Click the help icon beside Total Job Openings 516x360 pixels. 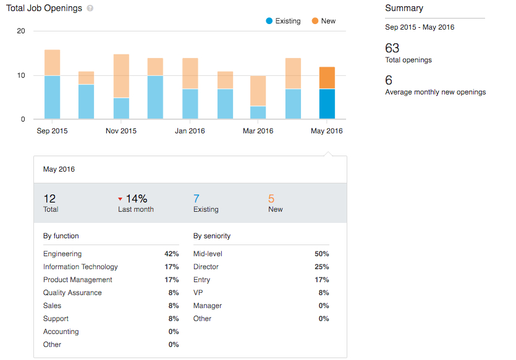pyautogui.click(x=90, y=9)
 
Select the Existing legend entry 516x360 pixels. pyautogui.click(x=283, y=21)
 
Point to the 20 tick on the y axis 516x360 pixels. pyautogui.click(x=21, y=31)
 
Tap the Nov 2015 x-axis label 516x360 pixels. pyautogui.click(x=121, y=131)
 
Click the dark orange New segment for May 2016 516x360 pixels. pyautogui.click(x=327, y=78)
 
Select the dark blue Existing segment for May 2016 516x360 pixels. pyautogui.click(x=327, y=104)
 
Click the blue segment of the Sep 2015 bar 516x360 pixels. pyautogui.click(x=53, y=97)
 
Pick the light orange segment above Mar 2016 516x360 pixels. pyautogui.click(x=258, y=91)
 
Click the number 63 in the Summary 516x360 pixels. pyautogui.click(x=392, y=48)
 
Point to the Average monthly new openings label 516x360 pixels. pyautogui.click(x=435, y=92)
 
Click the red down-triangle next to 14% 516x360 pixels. pyautogui.click(x=121, y=199)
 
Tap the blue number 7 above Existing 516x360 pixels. pyautogui.click(x=197, y=199)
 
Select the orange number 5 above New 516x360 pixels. pyautogui.click(x=271, y=199)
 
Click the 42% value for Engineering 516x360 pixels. pyautogui.click(x=171, y=254)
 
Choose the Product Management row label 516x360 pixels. pyautogui.click(x=78, y=280)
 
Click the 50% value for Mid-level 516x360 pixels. pyautogui.click(x=321, y=254)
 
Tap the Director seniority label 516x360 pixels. pyautogui.click(x=206, y=267)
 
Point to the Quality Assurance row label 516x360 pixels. pyautogui.click(x=72, y=293)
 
